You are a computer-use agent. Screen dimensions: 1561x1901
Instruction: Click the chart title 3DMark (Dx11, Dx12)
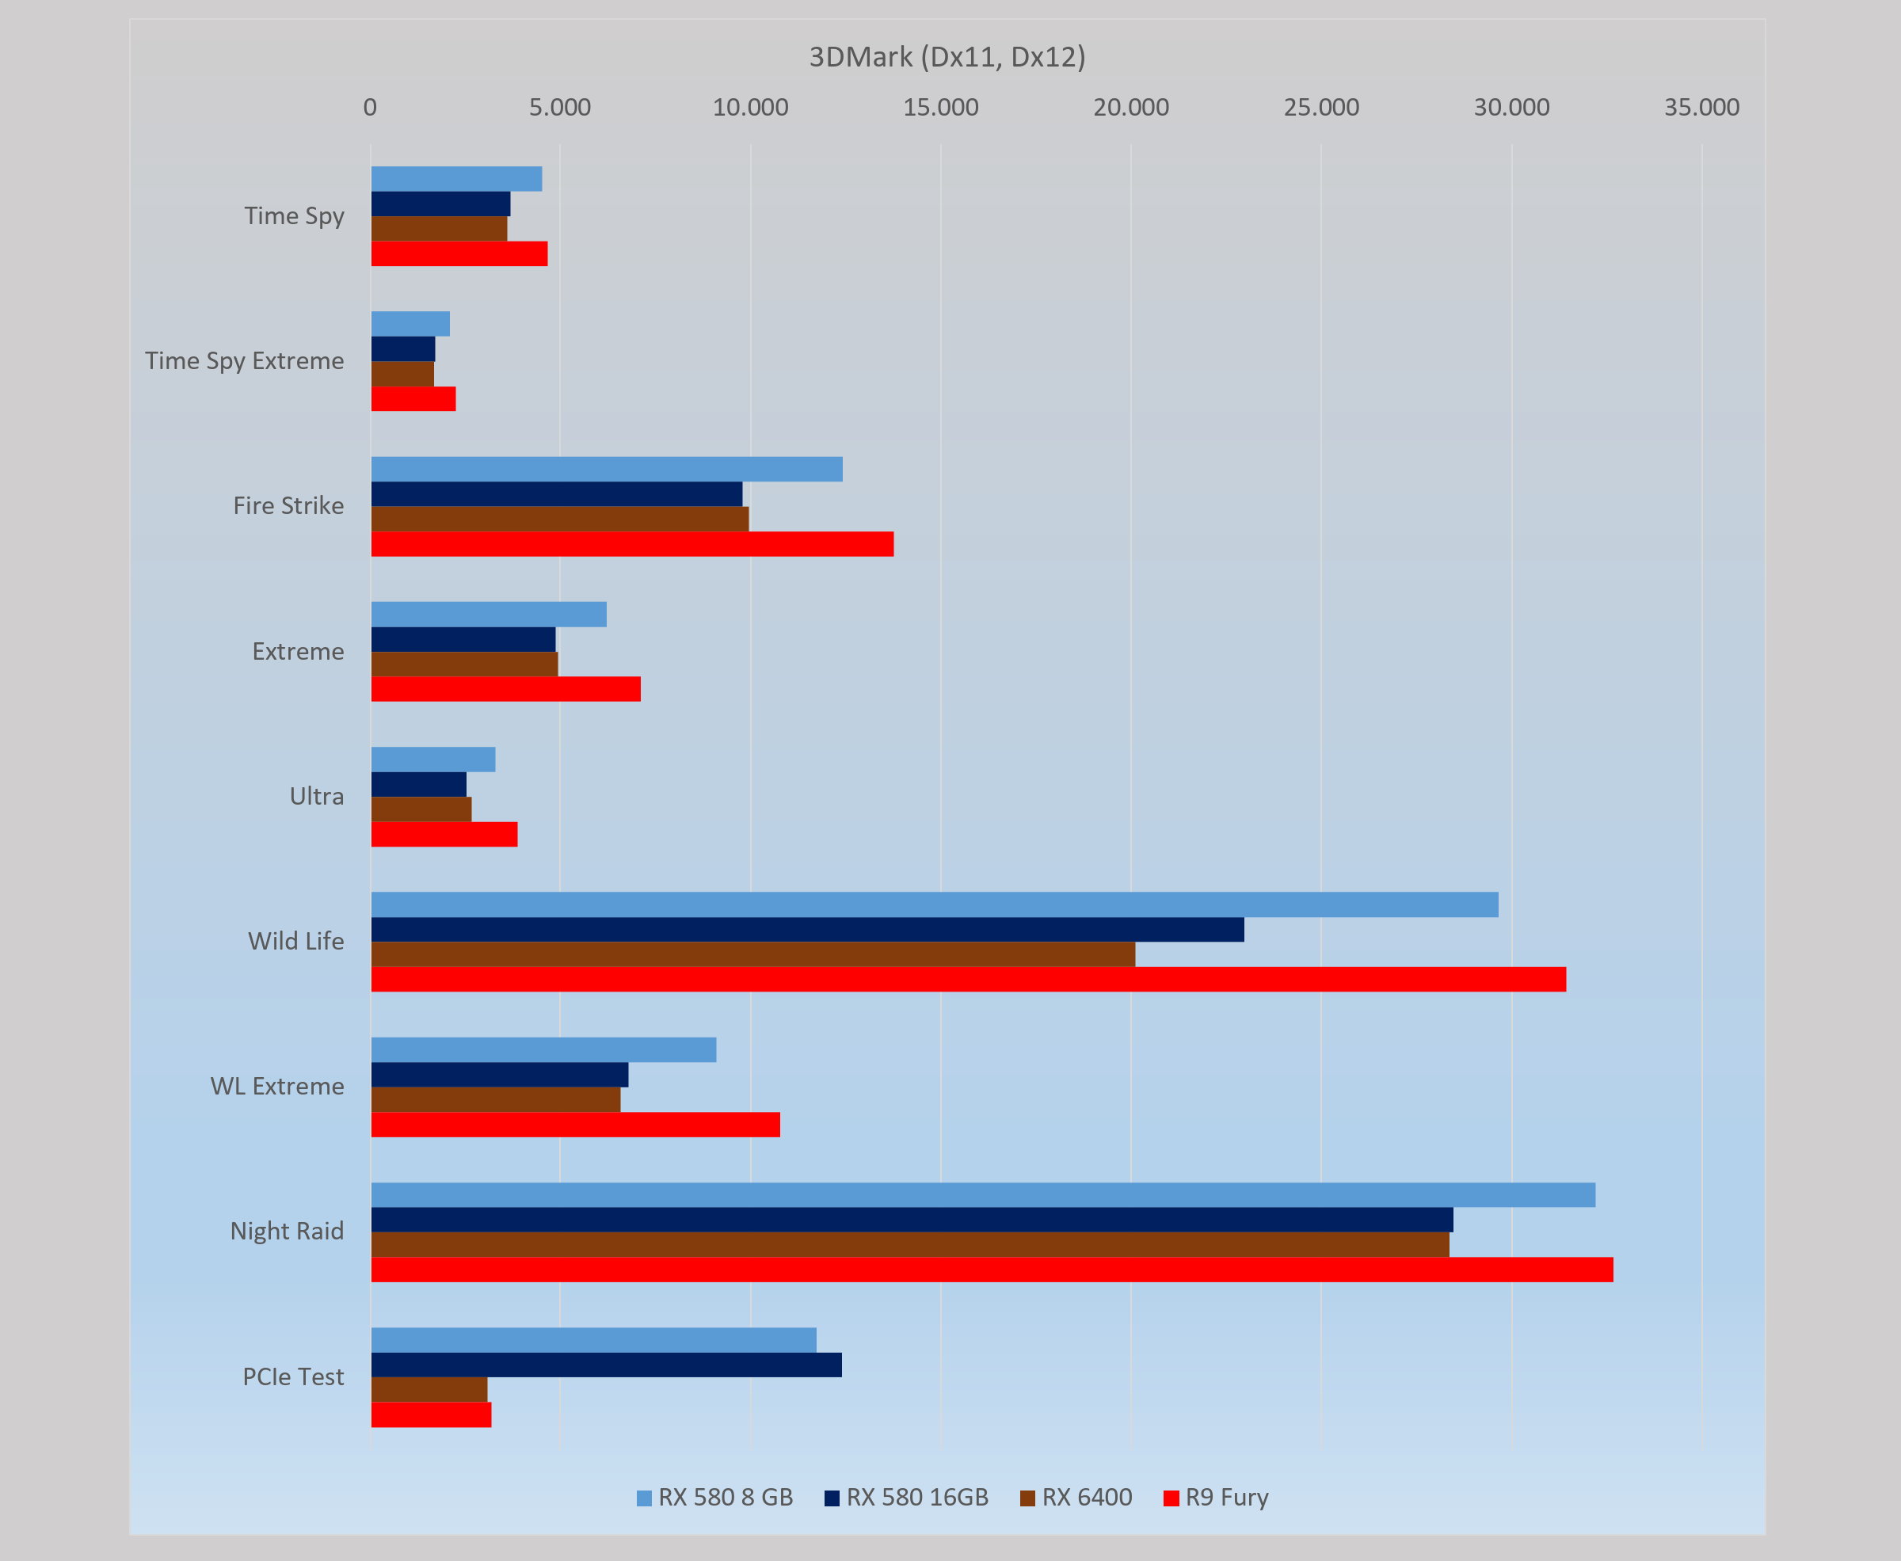coord(947,58)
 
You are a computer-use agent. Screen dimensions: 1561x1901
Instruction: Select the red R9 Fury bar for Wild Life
coord(968,979)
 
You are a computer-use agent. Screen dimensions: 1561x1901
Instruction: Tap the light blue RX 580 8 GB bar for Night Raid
coord(982,1195)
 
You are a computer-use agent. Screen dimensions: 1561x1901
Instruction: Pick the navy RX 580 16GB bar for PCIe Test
coord(606,1365)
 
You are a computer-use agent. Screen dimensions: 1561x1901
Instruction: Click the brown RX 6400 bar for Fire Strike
coord(559,519)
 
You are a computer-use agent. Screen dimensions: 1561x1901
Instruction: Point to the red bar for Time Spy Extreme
coord(413,399)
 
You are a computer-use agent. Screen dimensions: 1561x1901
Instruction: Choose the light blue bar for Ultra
coord(432,760)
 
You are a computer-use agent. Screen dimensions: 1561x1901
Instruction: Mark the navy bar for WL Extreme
coord(499,1075)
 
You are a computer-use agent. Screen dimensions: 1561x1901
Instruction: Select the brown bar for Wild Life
coord(752,954)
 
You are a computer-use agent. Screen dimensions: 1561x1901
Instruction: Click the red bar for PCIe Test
coord(431,1414)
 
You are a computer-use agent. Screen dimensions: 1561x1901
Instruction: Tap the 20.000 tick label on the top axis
coord(1131,108)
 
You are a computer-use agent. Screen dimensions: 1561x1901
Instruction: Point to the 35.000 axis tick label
coord(1701,108)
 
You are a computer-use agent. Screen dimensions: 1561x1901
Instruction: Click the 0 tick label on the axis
coord(370,108)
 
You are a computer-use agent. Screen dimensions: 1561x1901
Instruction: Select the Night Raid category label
coord(287,1231)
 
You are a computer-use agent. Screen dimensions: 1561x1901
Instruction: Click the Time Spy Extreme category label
coord(245,360)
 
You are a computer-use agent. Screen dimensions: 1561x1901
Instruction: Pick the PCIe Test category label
coord(293,1376)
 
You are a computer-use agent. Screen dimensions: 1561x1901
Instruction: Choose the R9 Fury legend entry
coord(1216,1497)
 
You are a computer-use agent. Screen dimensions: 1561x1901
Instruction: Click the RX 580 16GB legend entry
coord(906,1497)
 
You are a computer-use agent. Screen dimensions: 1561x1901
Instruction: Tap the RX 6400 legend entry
coord(1076,1497)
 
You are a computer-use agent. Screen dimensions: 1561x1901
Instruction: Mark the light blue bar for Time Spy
coord(456,179)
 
